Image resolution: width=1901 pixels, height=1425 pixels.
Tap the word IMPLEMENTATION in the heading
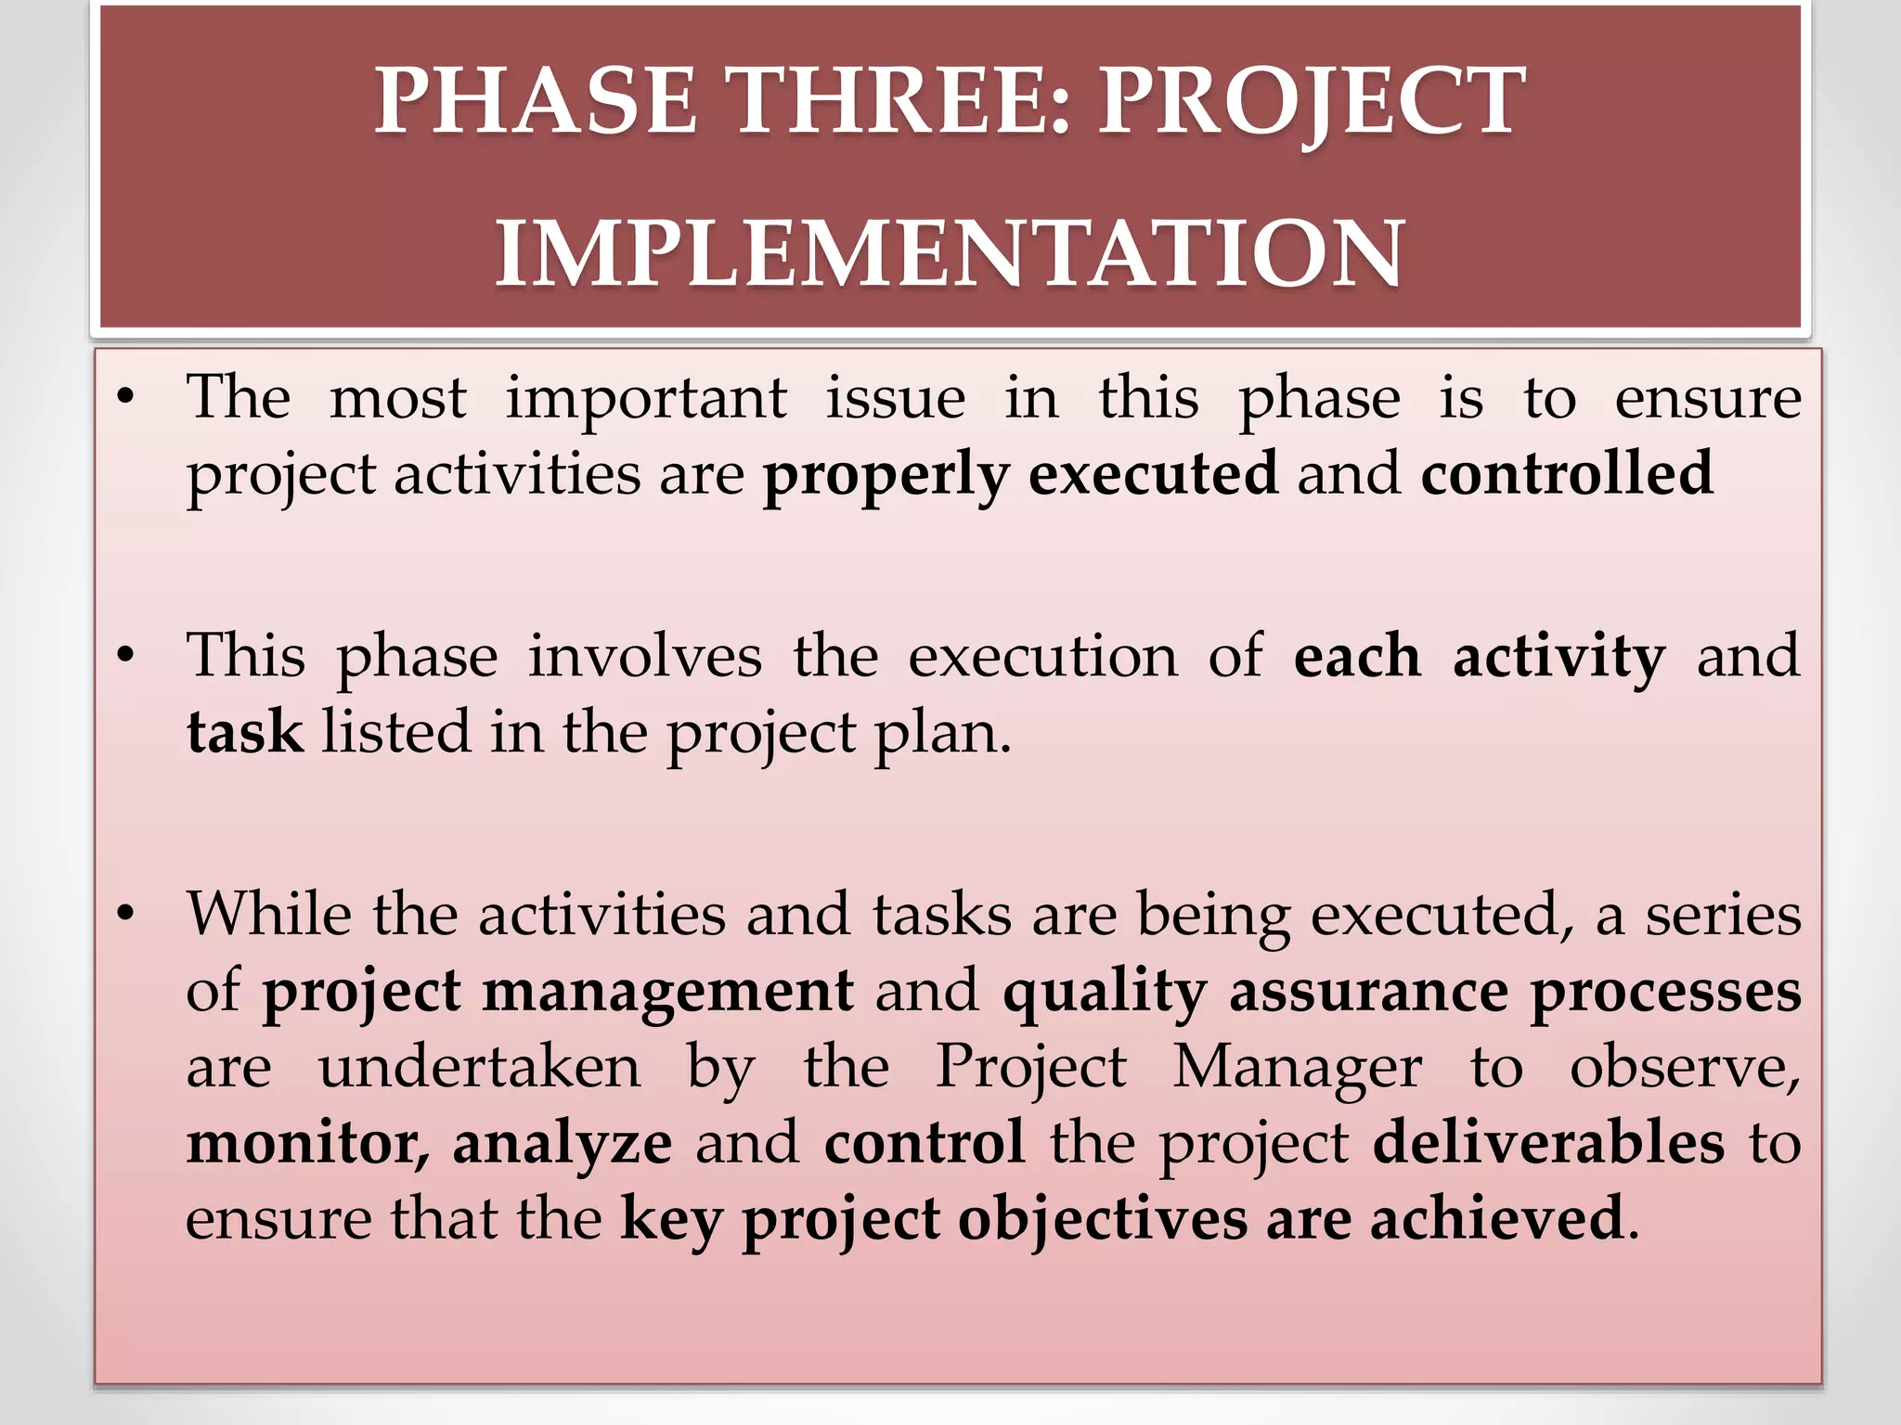(x=950, y=253)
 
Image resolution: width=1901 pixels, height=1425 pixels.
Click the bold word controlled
(x=1567, y=473)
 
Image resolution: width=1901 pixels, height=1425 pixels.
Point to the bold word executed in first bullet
(x=1153, y=473)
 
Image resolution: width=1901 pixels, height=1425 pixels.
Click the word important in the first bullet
(x=646, y=399)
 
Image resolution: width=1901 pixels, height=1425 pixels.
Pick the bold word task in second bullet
(x=244, y=732)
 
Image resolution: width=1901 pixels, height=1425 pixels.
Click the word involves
(x=645, y=657)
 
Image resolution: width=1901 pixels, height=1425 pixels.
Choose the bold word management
(x=667, y=991)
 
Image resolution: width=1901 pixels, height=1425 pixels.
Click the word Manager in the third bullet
(x=1297, y=1067)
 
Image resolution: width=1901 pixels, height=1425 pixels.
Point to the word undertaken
(x=479, y=1067)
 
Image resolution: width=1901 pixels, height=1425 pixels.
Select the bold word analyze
(x=563, y=1143)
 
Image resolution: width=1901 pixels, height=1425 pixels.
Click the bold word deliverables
(x=1548, y=1143)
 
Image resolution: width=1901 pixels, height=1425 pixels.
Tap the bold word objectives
(x=1103, y=1218)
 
